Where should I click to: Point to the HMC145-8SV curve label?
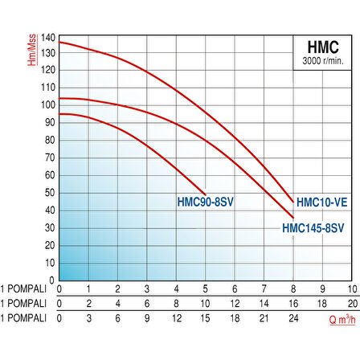click(x=313, y=228)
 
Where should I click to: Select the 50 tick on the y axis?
click(x=50, y=193)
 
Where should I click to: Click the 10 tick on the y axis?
click(x=50, y=263)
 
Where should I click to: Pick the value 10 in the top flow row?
click(x=350, y=288)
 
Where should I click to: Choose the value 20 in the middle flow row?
click(x=350, y=304)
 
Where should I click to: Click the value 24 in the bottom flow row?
click(x=292, y=319)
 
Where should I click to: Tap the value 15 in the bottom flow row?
click(x=205, y=319)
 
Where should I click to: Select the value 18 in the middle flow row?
click(x=321, y=304)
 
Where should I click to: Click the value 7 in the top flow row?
click(x=263, y=288)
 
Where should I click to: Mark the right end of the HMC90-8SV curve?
click(x=205, y=193)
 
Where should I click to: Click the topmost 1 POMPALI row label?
click(x=25, y=288)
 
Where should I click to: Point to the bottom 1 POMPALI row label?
click(x=25, y=319)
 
